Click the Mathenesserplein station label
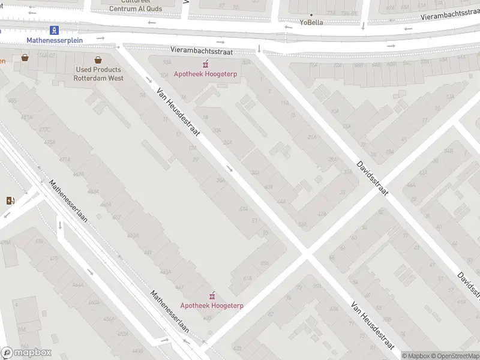point(55,40)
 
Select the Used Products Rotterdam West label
point(98,74)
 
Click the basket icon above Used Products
point(98,59)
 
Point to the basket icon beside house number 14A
point(25,58)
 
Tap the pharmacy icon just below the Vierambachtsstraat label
point(205,64)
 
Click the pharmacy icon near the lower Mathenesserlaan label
point(211,295)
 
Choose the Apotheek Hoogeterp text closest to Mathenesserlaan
point(212,305)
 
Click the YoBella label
point(311,22)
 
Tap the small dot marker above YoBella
point(311,14)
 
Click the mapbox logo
point(26,353)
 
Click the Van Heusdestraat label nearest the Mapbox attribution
point(372,326)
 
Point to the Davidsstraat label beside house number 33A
point(373,177)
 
